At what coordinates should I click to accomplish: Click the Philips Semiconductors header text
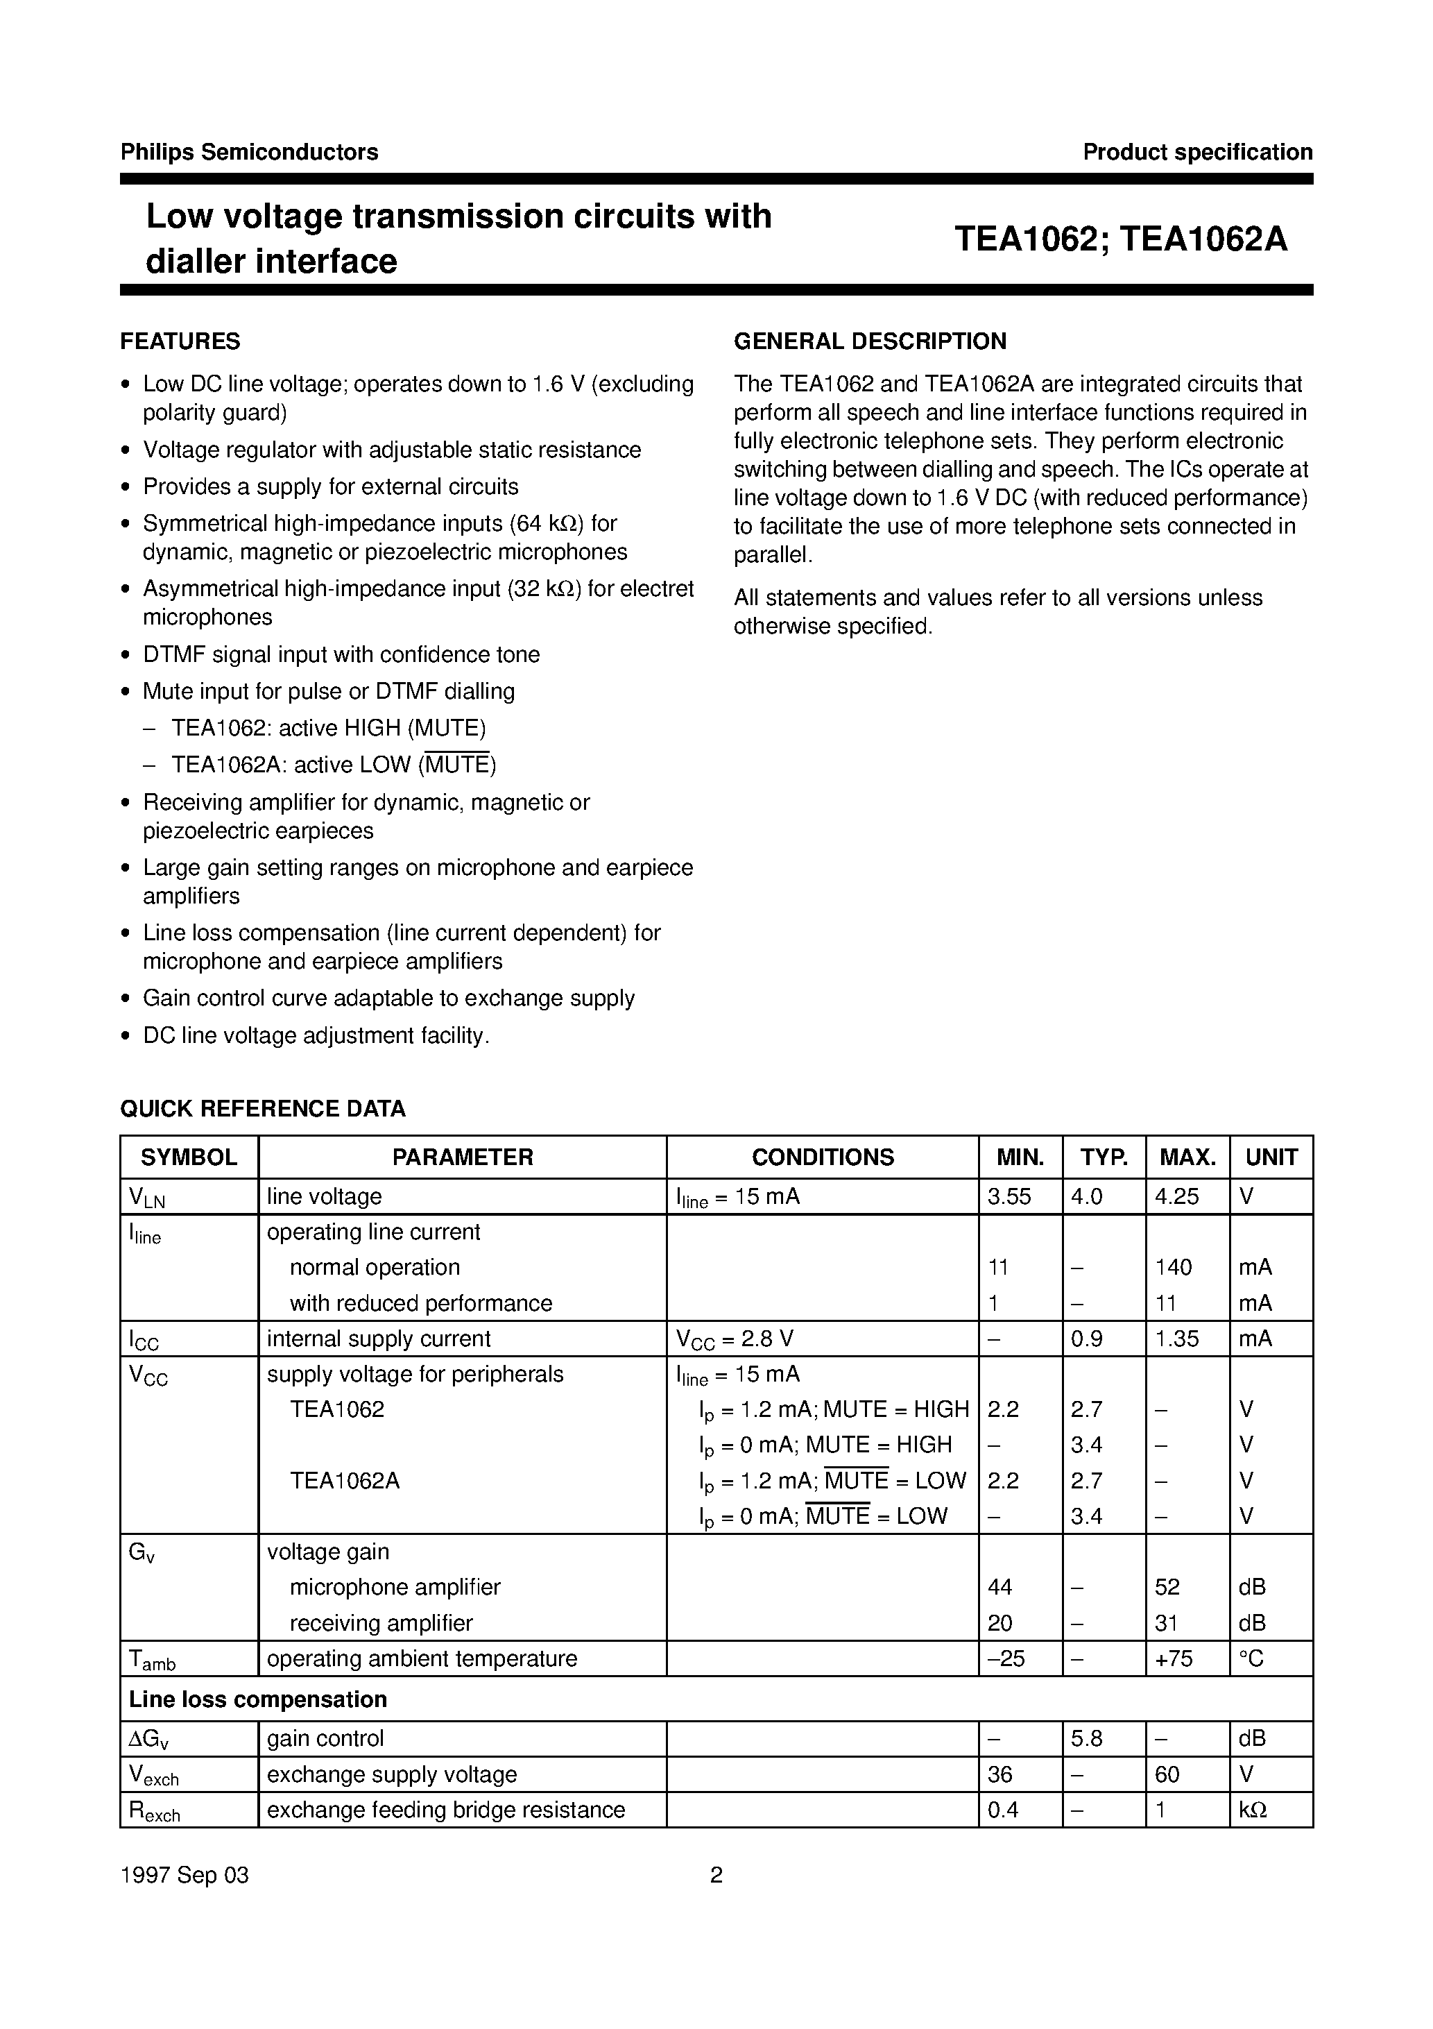pyautogui.click(x=249, y=152)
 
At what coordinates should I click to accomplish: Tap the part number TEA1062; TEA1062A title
pyautogui.click(x=1120, y=239)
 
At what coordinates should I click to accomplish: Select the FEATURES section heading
pyautogui.click(x=180, y=341)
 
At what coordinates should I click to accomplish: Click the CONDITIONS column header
pyautogui.click(x=822, y=1157)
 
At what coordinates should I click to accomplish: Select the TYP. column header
pyautogui.click(x=1104, y=1157)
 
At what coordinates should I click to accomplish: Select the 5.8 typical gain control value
pyautogui.click(x=1086, y=1738)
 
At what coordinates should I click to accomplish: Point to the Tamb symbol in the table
pyautogui.click(x=152, y=1661)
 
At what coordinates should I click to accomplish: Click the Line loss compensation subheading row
pyautogui.click(x=258, y=1699)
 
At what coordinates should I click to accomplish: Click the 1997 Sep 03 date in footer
pyautogui.click(x=185, y=1875)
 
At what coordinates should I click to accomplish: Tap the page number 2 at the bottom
pyautogui.click(x=716, y=1875)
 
